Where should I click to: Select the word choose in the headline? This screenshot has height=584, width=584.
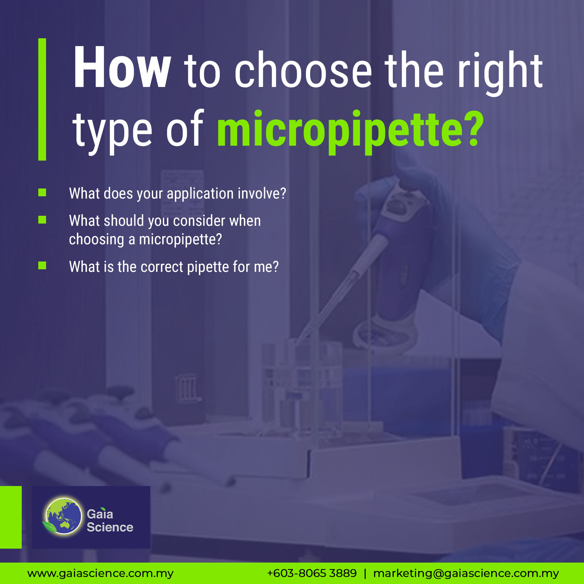tap(303, 70)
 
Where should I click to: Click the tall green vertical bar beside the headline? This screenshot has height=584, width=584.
tap(42, 99)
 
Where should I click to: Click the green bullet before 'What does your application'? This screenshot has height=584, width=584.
tap(42, 193)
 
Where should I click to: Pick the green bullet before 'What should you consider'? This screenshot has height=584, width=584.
tap(42, 220)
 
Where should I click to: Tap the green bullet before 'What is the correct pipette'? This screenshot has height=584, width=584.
tap(42, 266)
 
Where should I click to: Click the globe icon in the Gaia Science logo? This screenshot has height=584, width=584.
tap(64, 516)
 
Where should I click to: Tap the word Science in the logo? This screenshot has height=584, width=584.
tap(110, 527)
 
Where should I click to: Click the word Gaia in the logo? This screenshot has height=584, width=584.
tap(100, 514)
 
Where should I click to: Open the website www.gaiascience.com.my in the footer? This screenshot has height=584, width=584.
tap(101, 574)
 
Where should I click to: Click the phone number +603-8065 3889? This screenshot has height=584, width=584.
tap(312, 573)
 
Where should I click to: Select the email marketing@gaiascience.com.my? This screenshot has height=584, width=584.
tap(466, 574)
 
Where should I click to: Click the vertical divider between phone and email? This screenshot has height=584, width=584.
tap(365, 574)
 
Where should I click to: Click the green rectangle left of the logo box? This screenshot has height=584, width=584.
tap(11, 517)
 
